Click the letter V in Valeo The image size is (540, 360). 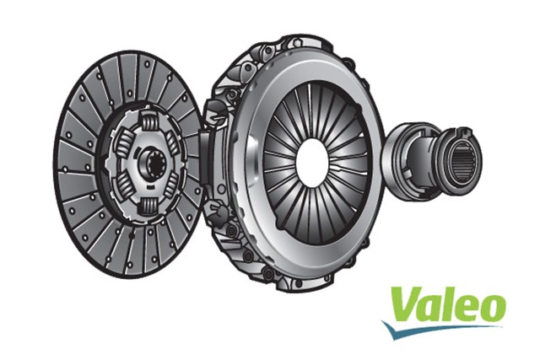404,304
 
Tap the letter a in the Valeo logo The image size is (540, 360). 428,309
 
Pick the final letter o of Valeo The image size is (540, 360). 490,309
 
